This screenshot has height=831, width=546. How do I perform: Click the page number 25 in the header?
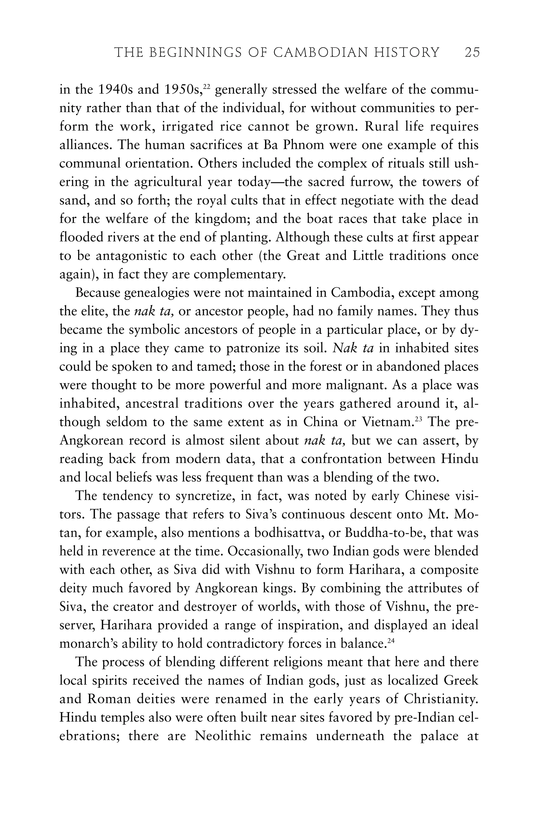(x=472, y=53)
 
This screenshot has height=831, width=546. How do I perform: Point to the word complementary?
(x=239, y=274)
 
